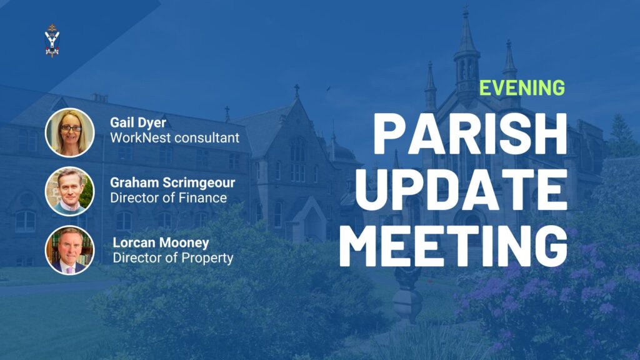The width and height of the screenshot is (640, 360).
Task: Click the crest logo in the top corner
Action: (x=52, y=41)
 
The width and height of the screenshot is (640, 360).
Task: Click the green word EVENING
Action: (x=522, y=87)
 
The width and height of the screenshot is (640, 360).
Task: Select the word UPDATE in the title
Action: (x=461, y=189)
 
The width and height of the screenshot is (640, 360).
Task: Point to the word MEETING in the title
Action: (x=453, y=246)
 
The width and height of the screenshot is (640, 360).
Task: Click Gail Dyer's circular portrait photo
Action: (x=70, y=132)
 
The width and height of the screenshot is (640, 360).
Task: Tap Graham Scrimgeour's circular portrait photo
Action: (x=70, y=191)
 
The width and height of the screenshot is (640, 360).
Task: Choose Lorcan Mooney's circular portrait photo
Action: (x=70, y=250)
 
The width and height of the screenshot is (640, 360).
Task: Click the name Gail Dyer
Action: (x=138, y=122)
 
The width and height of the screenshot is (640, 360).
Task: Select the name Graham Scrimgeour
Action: (x=172, y=182)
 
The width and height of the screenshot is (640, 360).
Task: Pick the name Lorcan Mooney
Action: (x=161, y=242)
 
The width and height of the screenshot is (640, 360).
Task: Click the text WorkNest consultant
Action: (x=175, y=138)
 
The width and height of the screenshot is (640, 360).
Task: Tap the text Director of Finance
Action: (x=168, y=198)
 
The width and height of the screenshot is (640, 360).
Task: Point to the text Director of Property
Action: (x=173, y=258)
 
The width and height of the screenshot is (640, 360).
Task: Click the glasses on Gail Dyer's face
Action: (x=71, y=128)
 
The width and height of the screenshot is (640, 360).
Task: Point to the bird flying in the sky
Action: (x=328, y=89)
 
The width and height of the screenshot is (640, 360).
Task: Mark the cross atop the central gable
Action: (x=297, y=91)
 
